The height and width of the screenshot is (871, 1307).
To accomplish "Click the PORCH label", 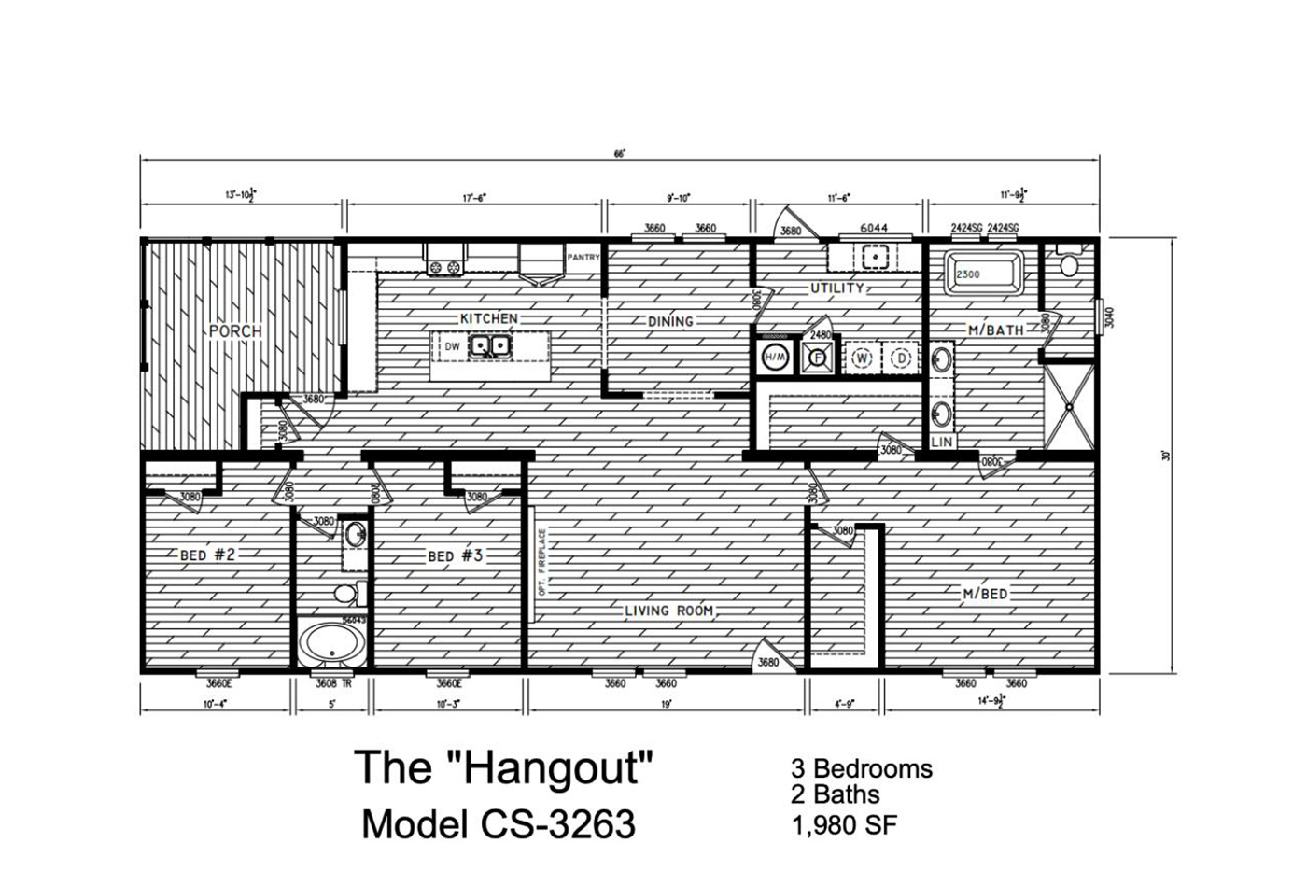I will click(x=235, y=330).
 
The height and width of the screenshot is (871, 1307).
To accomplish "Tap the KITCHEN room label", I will click(x=488, y=318).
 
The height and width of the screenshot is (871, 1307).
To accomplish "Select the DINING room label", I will click(x=670, y=321).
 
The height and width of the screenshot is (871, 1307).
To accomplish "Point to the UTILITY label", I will click(x=836, y=288).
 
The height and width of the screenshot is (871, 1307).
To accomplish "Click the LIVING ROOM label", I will click(x=669, y=611).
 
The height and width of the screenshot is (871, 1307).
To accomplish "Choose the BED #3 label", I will click(x=455, y=556).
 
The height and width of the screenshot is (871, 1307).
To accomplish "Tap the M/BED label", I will click(x=985, y=593).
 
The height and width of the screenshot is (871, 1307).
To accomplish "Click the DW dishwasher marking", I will click(x=452, y=346).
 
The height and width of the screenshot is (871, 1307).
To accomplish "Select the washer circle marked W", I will click(x=861, y=358).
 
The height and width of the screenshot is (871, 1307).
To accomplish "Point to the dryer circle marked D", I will click(x=902, y=358).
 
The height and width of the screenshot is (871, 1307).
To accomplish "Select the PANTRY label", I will click(x=583, y=257).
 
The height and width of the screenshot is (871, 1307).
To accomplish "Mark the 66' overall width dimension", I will click(x=619, y=154).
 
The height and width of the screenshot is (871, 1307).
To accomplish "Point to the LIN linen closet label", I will click(x=941, y=442).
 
